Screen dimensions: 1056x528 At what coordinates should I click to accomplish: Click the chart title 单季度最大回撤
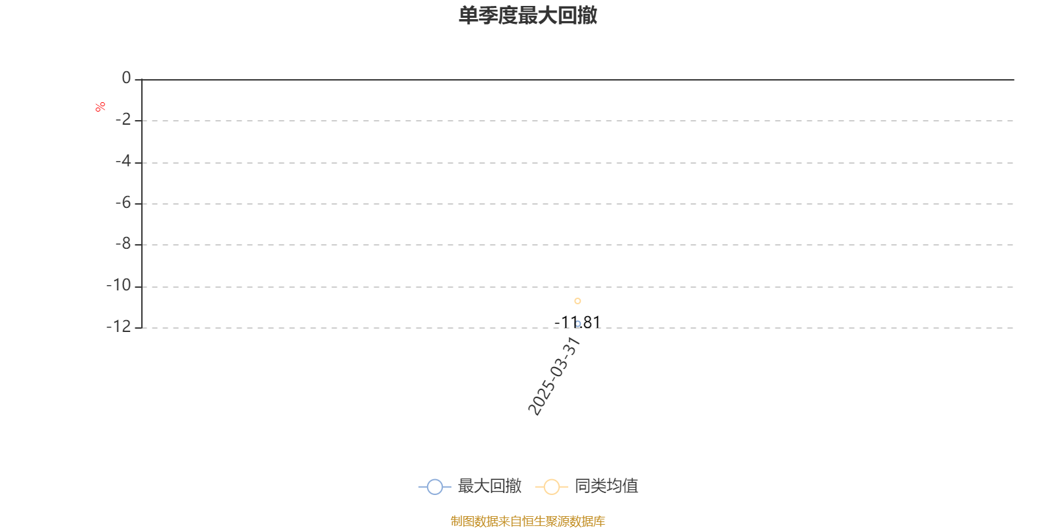click(528, 15)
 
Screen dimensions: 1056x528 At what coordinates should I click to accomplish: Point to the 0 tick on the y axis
click(126, 78)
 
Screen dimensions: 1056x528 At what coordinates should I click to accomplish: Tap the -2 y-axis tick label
click(123, 119)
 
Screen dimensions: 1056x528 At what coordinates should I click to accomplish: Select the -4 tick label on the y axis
click(123, 161)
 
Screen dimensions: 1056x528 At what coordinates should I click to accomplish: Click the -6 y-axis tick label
click(123, 203)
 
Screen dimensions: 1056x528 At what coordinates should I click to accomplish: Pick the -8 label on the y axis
click(123, 244)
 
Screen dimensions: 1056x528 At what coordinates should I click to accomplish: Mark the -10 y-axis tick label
click(119, 285)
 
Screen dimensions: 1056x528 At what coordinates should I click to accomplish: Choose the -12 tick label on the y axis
click(119, 327)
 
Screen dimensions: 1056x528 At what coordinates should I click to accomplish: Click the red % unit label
click(100, 107)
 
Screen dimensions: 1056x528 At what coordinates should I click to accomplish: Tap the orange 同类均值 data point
click(577, 301)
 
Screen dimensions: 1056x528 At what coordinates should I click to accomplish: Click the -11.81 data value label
click(577, 323)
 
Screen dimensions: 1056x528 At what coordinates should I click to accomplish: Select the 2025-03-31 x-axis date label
click(554, 376)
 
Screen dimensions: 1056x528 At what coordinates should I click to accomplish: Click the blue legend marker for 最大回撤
click(435, 486)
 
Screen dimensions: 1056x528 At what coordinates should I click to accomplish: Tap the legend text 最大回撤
click(490, 486)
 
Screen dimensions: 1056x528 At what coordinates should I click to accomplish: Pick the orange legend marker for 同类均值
click(552, 486)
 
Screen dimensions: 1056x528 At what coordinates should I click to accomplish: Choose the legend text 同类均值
click(607, 486)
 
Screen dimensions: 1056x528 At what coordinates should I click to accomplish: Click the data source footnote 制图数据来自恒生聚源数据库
click(528, 521)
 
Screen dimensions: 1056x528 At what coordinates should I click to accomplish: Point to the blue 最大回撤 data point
click(577, 324)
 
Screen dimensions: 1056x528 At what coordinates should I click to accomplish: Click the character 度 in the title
click(508, 15)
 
